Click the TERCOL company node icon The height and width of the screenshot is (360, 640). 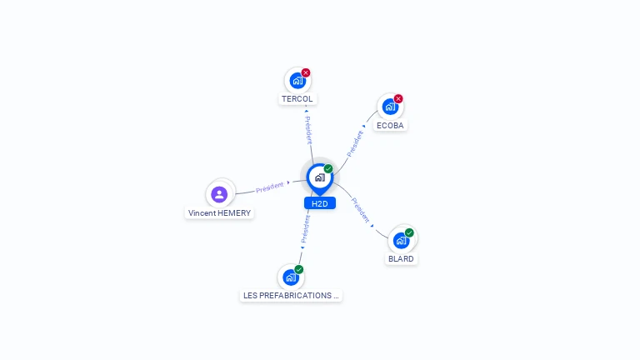[297, 81]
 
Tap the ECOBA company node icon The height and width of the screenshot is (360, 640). [389, 107]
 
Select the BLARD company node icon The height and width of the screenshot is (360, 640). [401, 241]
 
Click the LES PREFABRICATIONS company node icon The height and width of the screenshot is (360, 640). [290, 277]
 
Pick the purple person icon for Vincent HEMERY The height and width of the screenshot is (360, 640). [219, 194]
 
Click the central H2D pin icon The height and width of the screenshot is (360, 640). [319, 177]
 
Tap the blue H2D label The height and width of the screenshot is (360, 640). [319, 203]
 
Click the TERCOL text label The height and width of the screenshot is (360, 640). [297, 99]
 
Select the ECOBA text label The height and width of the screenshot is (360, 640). [390, 125]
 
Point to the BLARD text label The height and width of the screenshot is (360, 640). [401, 258]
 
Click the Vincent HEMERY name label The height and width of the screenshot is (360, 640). [219, 213]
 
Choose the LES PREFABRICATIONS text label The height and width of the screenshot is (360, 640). [291, 295]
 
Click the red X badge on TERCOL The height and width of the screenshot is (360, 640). [306, 72]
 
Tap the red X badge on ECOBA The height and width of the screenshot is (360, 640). [398, 98]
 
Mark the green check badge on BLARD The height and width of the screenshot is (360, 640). [409, 232]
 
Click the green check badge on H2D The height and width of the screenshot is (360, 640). [328, 168]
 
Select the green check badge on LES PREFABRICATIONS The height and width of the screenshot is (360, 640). [299, 269]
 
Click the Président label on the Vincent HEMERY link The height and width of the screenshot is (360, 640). [270, 187]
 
